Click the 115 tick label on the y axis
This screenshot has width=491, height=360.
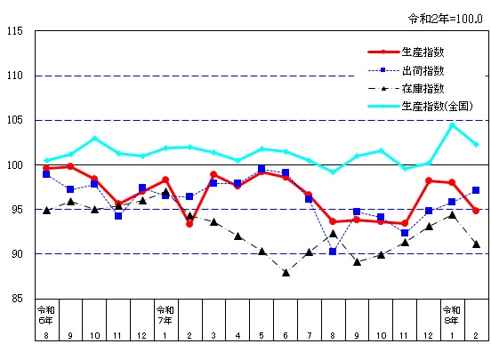pyautogui.click(x=15, y=32)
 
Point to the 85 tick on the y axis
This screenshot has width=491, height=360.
pyautogui.click(x=18, y=299)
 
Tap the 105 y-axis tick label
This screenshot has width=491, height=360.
pyautogui.click(x=15, y=121)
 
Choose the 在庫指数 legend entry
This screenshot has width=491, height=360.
pyautogui.click(x=423, y=88)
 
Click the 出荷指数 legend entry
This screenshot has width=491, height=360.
pyautogui.click(x=423, y=70)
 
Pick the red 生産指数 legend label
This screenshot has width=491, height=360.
pyautogui.click(x=423, y=52)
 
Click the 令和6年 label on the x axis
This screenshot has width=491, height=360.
pyautogui.click(x=46, y=315)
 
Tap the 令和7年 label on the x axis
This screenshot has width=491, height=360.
pyautogui.click(x=165, y=315)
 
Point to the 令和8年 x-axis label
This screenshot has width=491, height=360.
pyautogui.click(x=452, y=315)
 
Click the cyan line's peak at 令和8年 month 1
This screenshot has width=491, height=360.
pyautogui.click(x=452, y=125)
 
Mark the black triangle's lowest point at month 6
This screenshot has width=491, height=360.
pyautogui.click(x=286, y=273)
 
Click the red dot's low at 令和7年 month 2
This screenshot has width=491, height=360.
pyautogui.click(x=189, y=224)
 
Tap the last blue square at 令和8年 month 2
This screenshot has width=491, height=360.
pyautogui.click(x=476, y=190)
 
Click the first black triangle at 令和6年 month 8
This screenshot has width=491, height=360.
pyautogui.click(x=46, y=211)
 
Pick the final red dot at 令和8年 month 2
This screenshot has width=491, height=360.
pyautogui.click(x=476, y=211)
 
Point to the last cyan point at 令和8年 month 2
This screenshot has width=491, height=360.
pyautogui.click(x=476, y=144)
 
